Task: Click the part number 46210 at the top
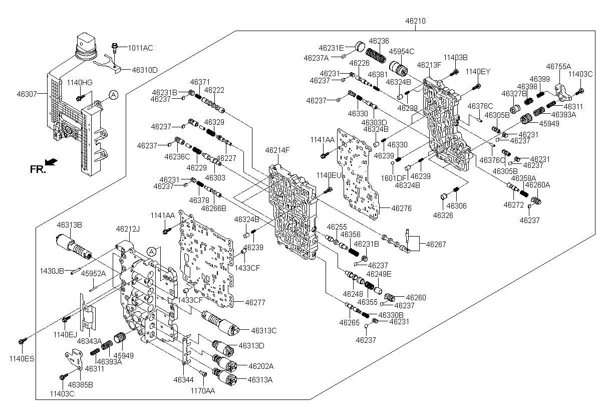click(415, 21)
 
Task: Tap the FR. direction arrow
click(51, 161)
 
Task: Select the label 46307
click(27, 94)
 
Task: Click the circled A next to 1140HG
click(114, 95)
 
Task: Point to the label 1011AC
click(140, 48)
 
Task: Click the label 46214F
click(277, 150)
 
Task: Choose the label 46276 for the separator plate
click(401, 209)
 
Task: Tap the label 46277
click(255, 303)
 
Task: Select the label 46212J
click(128, 229)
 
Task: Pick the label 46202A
click(261, 366)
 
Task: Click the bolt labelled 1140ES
click(22, 341)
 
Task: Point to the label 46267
click(436, 244)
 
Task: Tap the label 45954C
click(401, 51)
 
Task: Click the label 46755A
click(558, 66)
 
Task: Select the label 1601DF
click(394, 178)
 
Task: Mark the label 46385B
click(80, 385)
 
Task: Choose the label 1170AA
click(202, 391)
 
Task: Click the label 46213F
click(429, 65)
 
